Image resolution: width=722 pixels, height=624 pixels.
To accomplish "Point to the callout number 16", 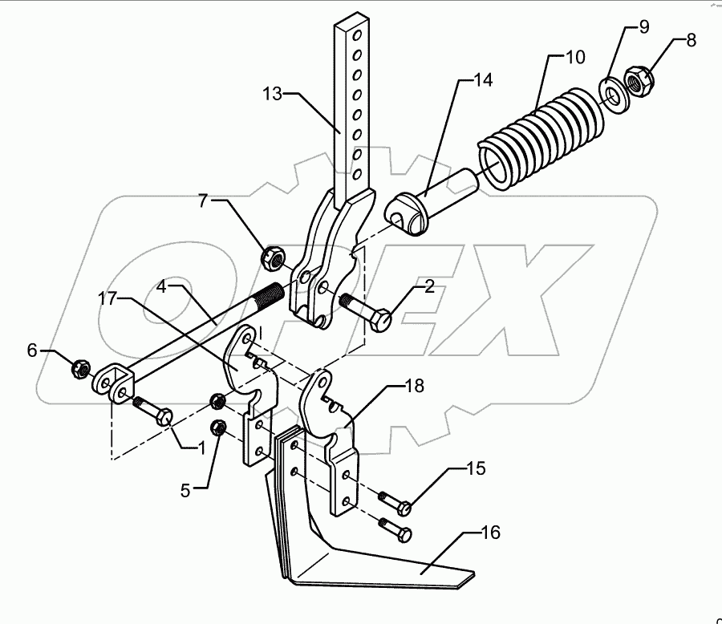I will tap(492, 532).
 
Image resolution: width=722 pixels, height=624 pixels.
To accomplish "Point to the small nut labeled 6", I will tap(79, 369).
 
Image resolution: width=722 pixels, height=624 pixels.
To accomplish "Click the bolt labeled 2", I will tap(366, 314).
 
